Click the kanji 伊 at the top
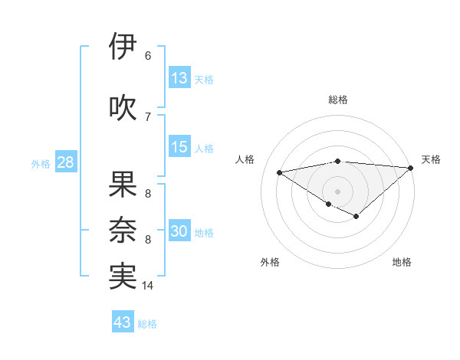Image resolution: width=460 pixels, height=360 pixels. (x=123, y=47)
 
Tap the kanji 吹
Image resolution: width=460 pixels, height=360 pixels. (x=123, y=108)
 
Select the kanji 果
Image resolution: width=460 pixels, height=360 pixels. (x=123, y=185)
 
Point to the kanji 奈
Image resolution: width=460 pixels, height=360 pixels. (x=123, y=231)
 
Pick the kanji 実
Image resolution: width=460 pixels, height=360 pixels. (x=123, y=277)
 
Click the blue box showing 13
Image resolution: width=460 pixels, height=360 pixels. (x=179, y=78)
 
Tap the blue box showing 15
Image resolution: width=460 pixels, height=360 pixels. (x=179, y=148)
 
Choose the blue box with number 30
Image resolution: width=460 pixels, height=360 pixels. (x=179, y=232)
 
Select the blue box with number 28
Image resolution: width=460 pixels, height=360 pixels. (x=64, y=163)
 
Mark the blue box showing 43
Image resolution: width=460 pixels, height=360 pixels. (x=123, y=322)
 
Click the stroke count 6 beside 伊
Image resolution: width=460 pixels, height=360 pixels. (x=148, y=55)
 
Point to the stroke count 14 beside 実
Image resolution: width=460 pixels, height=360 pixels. (x=148, y=286)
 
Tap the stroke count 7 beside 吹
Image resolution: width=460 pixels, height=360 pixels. (x=148, y=116)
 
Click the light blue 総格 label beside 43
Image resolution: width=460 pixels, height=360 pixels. (x=147, y=324)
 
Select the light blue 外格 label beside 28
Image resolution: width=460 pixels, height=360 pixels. (x=40, y=164)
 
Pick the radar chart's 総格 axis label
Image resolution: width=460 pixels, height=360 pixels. (x=337, y=100)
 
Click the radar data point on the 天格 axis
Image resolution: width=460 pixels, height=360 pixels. (x=411, y=168)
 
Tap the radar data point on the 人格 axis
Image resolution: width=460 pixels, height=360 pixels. (x=279, y=172)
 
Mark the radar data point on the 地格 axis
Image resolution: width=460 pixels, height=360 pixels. (x=356, y=217)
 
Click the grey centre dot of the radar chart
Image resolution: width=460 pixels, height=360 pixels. (x=337, y=191)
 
